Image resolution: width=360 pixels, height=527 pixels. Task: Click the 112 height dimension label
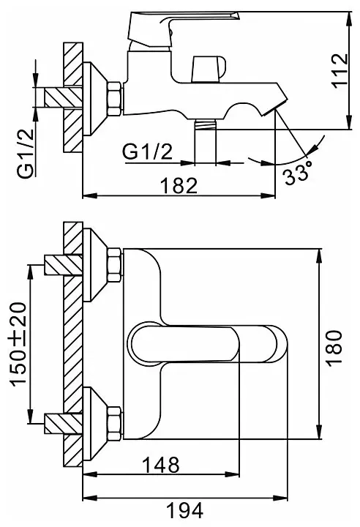click(x=340, y=70)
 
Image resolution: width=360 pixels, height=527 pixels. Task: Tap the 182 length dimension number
click(x=179, y=185)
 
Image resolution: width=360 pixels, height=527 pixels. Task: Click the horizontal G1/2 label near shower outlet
click(x=147, y=152)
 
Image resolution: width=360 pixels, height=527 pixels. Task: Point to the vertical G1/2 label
click(x=26, y=153)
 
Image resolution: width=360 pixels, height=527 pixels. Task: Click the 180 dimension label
click(x=334, y=346)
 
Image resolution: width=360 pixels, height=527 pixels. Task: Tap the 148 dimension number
click(x=161, y=465)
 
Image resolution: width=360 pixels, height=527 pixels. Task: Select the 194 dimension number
click(x=185, y=511)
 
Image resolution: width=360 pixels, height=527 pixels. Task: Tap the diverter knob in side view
click(x=209, y=69)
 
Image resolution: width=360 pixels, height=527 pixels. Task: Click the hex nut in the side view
click(x=115, y=100)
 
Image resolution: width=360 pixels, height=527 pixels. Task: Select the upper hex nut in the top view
click(x=115, y=266)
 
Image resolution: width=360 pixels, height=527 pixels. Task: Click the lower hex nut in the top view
click(x=115, y=423)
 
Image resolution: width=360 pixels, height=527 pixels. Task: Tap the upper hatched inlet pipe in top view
click(x=63, y=265)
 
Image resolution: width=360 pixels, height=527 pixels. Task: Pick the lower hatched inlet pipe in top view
click(x=63, y=423)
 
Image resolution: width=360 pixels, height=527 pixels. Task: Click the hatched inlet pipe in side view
click(x=63, y=97)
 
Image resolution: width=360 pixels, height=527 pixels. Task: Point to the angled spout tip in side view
click(x=275, y=107)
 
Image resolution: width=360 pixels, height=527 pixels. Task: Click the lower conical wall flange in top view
click(x=95, y=423)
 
